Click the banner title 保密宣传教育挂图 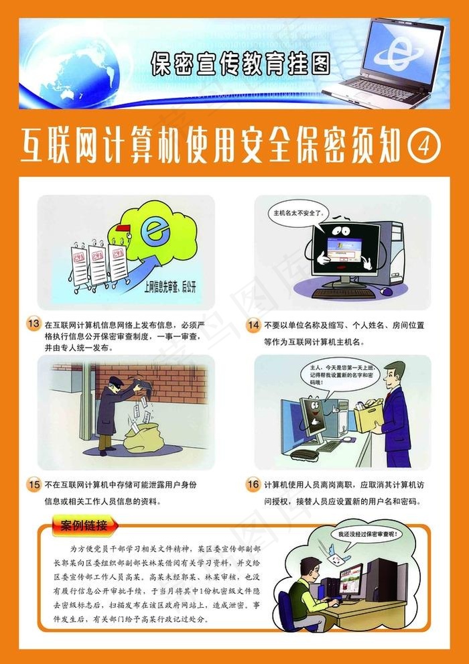click(x=241, y=64)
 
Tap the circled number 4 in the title click(x=424, y=144)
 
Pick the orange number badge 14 click(x=253, y=326)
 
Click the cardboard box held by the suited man click(x=369, y=417)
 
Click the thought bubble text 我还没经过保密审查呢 click(x=367, y=535)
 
